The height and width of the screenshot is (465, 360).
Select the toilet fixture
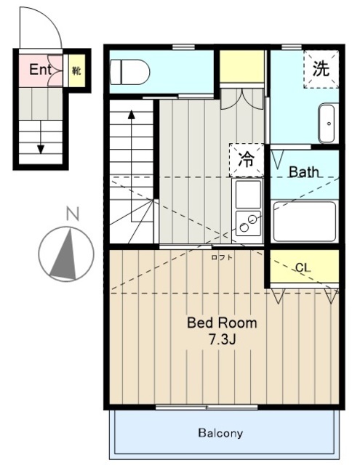click(x=129, y=72)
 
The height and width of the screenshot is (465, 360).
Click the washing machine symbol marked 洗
click(x=321, y=70)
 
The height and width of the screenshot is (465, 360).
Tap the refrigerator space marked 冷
click(x=247, y=160)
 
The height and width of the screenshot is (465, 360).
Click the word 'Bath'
click(x=303, y=172)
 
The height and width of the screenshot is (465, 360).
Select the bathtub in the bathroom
click(x=304, y=221)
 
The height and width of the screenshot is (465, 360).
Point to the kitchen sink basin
click(x=247, y=193)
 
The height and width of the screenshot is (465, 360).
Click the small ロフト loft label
click(x=222, y=256)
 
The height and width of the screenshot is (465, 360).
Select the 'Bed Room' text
click(x=222, y=323)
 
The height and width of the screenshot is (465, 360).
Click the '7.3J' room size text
click(x=223, y=339)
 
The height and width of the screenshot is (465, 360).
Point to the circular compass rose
click(x=66, y=253)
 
